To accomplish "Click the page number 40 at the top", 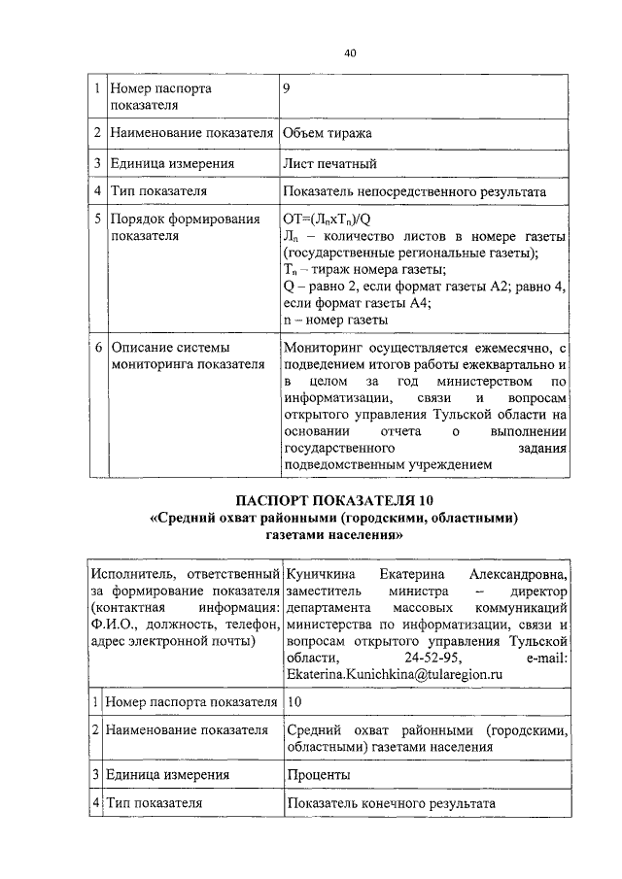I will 350,52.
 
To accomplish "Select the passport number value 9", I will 286,88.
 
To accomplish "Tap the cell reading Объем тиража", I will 328,131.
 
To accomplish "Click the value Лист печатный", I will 329,163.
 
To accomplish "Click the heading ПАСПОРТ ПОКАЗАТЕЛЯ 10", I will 331,500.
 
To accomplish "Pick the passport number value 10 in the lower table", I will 295,700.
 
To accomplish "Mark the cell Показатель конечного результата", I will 391,804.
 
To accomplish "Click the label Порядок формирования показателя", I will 172,228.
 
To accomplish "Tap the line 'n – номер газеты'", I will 336,319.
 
